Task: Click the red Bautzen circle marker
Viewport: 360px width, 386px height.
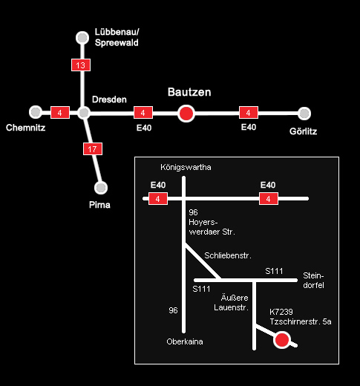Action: [x=186, y=114]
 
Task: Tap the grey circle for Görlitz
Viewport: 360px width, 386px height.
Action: [x=304, y=114]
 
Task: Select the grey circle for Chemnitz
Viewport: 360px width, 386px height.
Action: [x=36, y=112]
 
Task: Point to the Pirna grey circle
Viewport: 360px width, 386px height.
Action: [x=101, y=188]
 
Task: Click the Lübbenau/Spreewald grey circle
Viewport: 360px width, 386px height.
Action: [x=82, y=38]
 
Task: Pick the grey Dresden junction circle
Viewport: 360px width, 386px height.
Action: [x=84, y=113]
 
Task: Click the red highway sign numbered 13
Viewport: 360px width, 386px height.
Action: [x=81, y=65]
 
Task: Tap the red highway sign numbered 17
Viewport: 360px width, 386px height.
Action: [x=93, y=148]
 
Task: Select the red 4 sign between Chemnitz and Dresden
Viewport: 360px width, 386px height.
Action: [x=60, y=113]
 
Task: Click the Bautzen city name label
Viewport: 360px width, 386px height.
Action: [x=189, y=92]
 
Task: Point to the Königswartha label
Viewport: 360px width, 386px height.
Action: [x=186, y=167]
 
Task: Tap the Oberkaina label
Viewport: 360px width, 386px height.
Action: [x=185, y=341]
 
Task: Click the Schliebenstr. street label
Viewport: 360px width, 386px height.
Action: [x=228, y=255]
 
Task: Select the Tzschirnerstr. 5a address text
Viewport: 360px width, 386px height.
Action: [x=301, y=321]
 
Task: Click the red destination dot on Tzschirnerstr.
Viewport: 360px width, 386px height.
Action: [x=282, y=340]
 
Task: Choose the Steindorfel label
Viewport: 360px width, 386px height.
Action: [x=313, y=281]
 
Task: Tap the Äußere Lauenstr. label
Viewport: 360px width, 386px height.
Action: [x=231, y=303]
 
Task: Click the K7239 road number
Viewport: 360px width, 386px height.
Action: [x=281, y=312]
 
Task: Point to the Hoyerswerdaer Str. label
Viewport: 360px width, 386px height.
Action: [x=212, y=227]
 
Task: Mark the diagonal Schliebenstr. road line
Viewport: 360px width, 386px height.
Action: [x=202, y=261]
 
